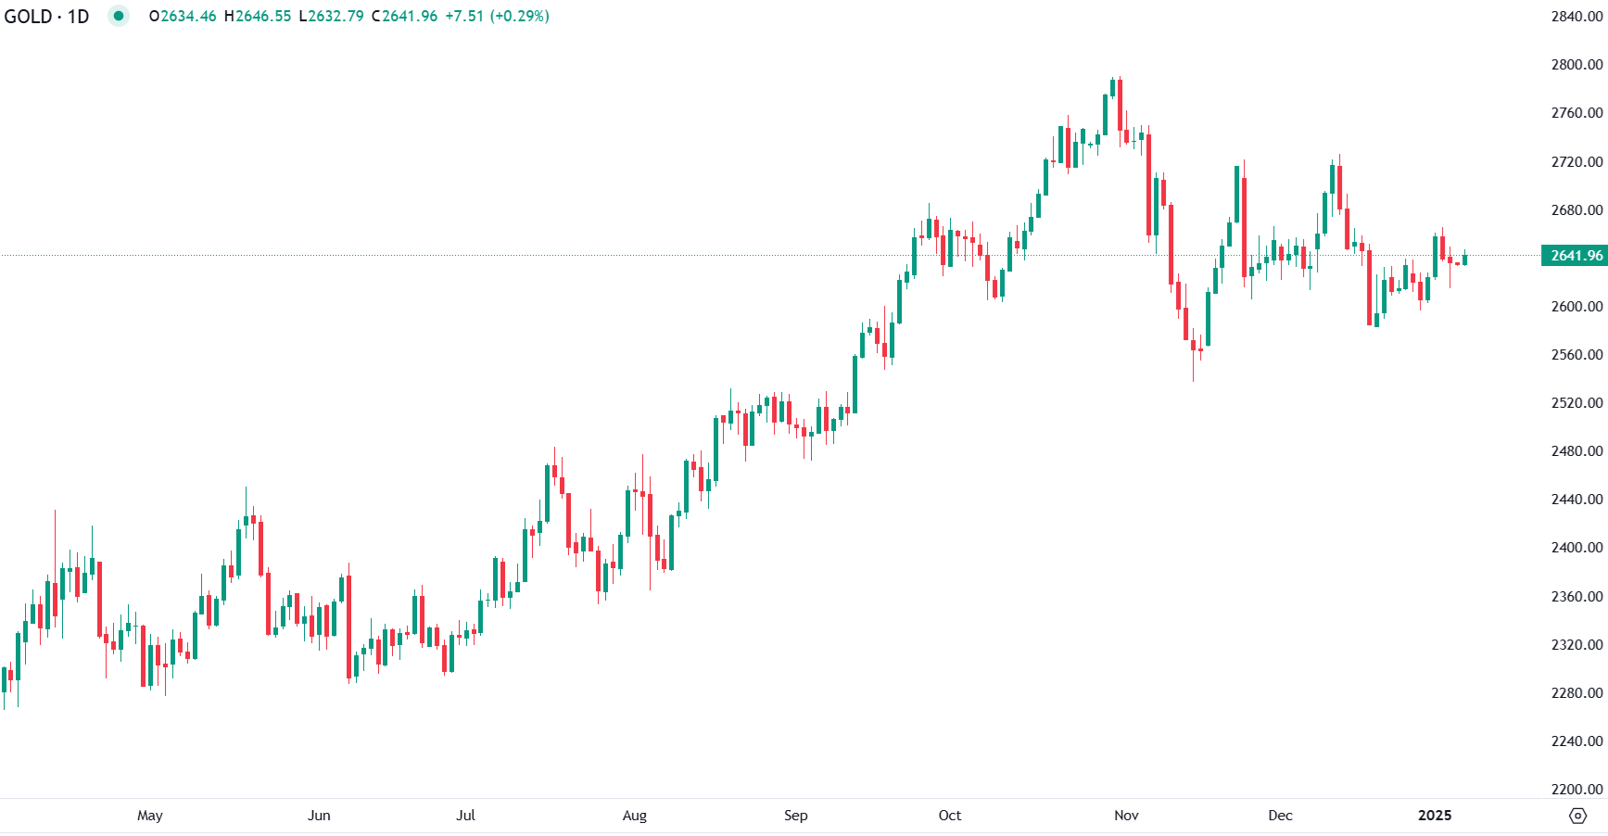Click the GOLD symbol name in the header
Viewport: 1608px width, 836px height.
28,17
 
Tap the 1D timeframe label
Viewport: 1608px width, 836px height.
78,17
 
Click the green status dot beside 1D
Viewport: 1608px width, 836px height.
119,16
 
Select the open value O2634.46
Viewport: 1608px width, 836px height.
183,17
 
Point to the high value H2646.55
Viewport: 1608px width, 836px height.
258,17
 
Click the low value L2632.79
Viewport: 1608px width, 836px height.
331,17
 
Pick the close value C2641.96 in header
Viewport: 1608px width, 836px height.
404,17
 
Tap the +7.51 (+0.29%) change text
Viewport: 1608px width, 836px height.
497,17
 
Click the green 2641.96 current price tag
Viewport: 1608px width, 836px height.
1576,256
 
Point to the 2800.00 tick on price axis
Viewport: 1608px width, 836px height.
1576,65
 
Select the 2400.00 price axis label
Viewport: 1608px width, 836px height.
1576,548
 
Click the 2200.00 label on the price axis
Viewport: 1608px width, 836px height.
1576,790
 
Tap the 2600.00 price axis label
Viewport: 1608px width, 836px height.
1576,306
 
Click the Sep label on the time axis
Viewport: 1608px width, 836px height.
795,816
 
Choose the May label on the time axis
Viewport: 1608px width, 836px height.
150,816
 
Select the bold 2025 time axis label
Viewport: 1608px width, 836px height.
1435,816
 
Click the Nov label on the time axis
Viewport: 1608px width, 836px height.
1126,816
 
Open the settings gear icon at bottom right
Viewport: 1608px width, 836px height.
1577,816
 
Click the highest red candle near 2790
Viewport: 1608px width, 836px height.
1121,107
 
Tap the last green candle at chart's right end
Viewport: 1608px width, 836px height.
1465,260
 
